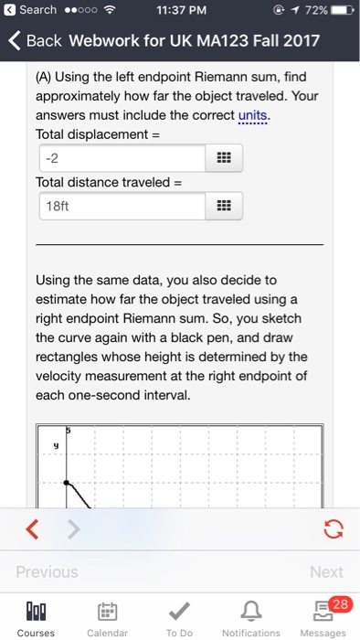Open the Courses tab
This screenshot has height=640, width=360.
tap(36, 613)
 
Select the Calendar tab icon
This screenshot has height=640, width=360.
tap(107, 613)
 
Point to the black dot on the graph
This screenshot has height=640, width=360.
tap(66, 482)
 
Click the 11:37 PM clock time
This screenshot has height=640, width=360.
tap(179, 10)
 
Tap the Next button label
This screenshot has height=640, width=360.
tap(325, 571)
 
